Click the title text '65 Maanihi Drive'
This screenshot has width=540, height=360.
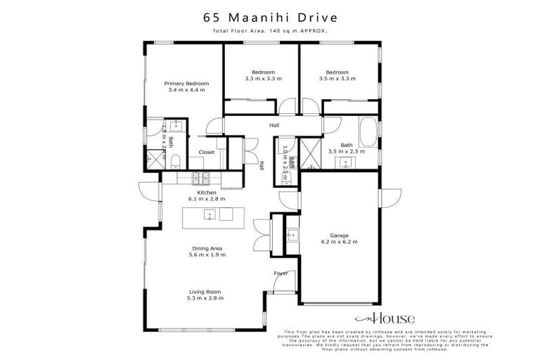click(269, 15)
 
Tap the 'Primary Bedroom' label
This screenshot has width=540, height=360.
click(186, 84)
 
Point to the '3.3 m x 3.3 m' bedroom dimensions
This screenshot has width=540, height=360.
click(263, 78)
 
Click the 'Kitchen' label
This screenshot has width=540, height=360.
click(205, 193)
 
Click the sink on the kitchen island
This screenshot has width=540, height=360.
click(209, 214)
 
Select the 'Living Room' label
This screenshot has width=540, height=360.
click(205, 292)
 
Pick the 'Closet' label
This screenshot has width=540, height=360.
click(206, 152)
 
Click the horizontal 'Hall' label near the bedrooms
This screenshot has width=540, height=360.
click(274, 126)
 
